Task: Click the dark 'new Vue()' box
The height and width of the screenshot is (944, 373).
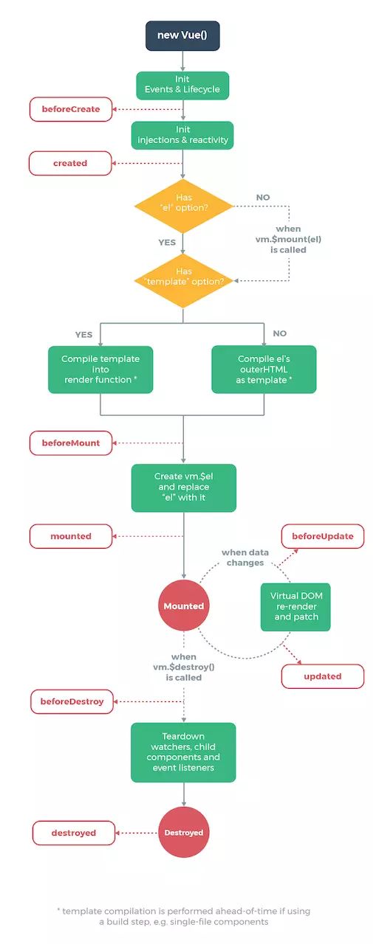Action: click(x=182, y=35)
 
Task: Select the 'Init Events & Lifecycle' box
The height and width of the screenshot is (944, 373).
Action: click(x=182, y=86)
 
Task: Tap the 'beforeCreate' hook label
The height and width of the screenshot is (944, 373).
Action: click(x=71, y=109)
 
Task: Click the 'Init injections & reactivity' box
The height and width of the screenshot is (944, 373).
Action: click(x=182, y=135)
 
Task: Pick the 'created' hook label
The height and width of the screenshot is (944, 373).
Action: click(x=70, y=163)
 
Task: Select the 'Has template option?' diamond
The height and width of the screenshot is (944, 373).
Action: click(x=183, y=277)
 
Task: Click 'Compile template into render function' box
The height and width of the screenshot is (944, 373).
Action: click(x=100, y=369)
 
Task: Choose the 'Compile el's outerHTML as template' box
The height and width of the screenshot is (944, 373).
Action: click(x=264, y=369)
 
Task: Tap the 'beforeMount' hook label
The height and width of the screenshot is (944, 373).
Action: click(x=71, y=443)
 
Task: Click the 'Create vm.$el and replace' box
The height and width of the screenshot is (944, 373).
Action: click(x=183, y=487)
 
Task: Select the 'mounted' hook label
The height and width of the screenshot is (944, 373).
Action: click(x=71, y=536)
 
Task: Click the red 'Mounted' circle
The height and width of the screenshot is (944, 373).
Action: click(x=183, y=605)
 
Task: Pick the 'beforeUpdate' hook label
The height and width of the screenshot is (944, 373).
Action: click(x=323, y=536)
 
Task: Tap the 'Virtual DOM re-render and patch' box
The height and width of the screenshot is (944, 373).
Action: click(x=295, y=606)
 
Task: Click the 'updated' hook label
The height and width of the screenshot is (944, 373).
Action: click(x=323, y=676)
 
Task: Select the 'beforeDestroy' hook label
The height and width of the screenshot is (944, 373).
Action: click(x=72, y=701)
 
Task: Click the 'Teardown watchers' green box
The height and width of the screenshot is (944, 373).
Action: click(x=183, y=752)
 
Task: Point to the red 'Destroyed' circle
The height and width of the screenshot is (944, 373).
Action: click(x=183, y=832)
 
